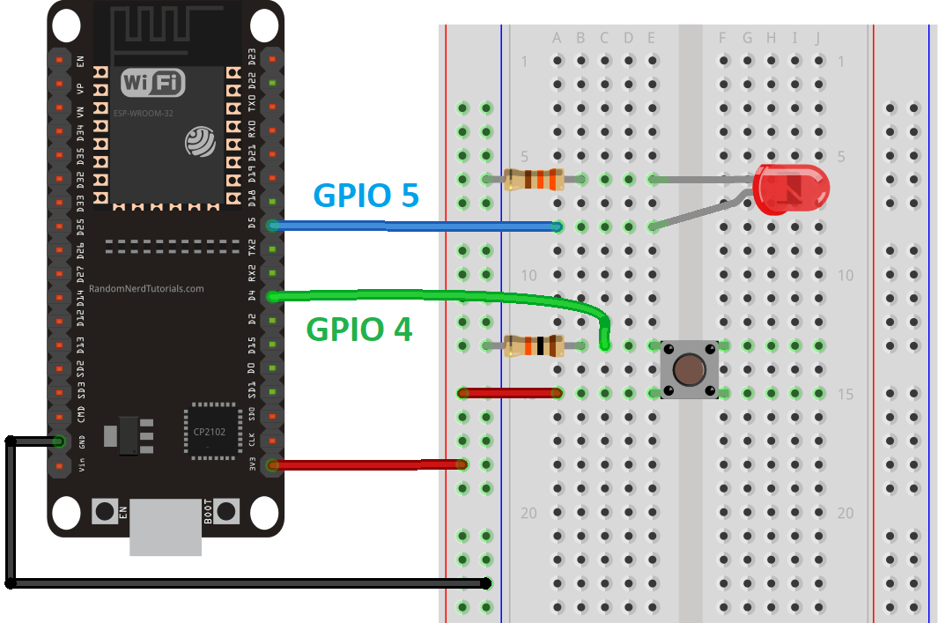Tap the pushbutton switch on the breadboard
pos(689,368)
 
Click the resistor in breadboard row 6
pos(532,180)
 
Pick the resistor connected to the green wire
pos(533,345)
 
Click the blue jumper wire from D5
pos(414,227)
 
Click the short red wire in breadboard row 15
pos(510,393)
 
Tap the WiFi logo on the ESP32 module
pos(153,84)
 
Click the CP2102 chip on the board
pos(211,431)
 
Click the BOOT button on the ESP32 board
pos(227,510)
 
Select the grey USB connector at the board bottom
pos(165,528)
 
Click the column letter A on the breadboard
pos(557,38)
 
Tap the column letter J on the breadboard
pos(818,38)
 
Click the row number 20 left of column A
pos(528,513)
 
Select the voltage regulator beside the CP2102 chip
pos(128,435)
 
